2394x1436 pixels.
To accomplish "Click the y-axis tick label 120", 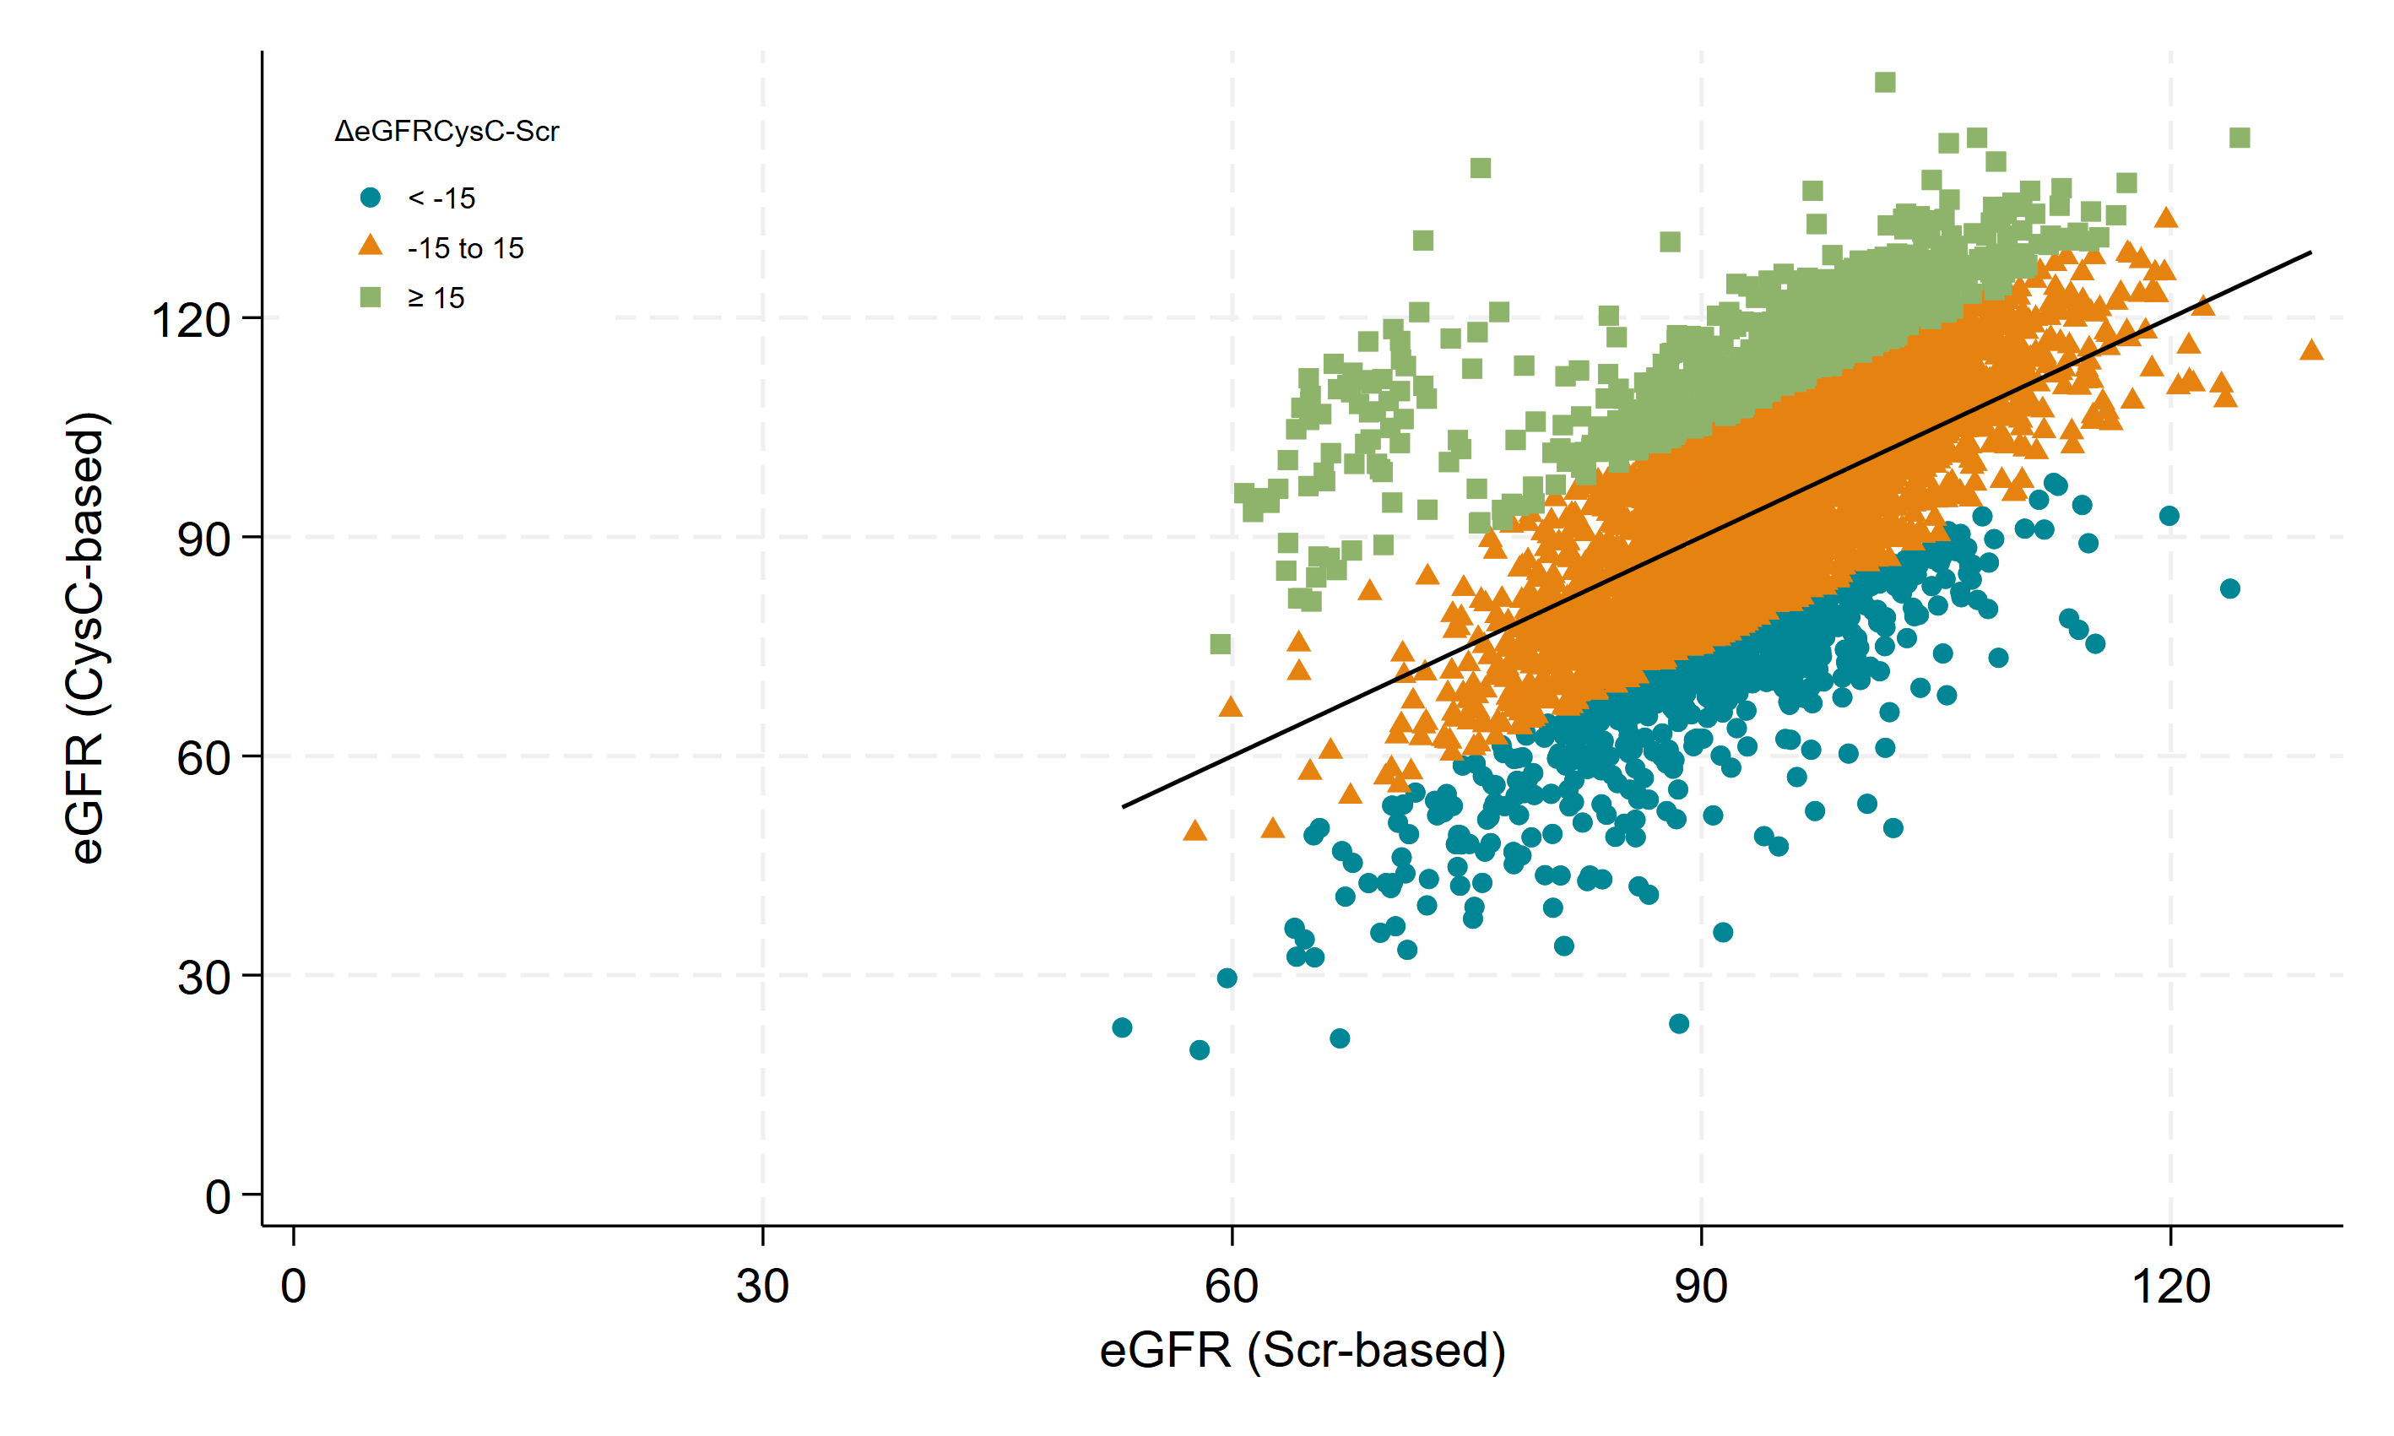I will (191, 319).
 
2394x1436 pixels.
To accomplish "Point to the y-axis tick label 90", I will (203, 539).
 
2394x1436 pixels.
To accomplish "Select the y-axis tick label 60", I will (203, 757).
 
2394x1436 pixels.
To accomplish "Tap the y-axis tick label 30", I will (203, 978).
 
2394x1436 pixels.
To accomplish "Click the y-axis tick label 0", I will (218, 1197).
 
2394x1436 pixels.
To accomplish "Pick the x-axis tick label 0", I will (293, 1286).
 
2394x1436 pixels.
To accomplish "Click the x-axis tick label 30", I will (762, 1286).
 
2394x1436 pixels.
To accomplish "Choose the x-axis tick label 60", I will (1232, 1286).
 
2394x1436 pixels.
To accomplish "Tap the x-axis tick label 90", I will (1700, 1286).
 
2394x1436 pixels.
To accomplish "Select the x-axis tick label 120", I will (2170, 1286).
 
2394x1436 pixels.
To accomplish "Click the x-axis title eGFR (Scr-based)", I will (1302, 1350).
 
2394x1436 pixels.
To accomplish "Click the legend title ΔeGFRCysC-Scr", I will (446, 132).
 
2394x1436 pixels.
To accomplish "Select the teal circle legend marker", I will (371, 198).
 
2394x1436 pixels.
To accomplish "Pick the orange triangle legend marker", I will (371, 246).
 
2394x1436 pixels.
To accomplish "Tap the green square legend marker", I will (371, 297).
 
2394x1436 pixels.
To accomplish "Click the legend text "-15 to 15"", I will (465, 249).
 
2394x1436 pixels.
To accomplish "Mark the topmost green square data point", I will (1884, 82).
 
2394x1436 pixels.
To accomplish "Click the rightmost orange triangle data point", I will (2310, 350).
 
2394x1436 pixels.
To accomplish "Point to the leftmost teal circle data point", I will (1122, 1027).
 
